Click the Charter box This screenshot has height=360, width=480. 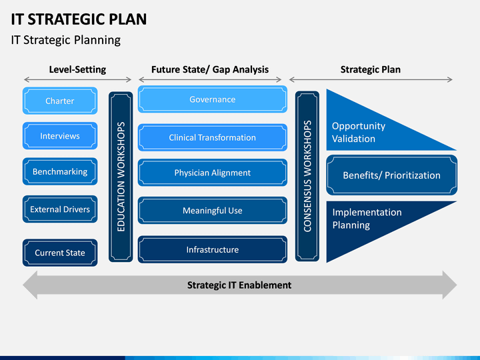pos(60,101)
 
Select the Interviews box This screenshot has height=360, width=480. pos(60,136)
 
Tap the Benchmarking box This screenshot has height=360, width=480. pos(60,171)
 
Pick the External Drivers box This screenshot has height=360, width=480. pos(60,209)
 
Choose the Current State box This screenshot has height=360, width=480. pos(60,253)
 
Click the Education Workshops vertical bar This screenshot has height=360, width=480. pos(121,177)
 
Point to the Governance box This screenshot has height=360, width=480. pos(213,99)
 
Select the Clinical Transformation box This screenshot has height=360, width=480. pos(213,137)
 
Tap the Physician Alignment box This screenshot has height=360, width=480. pos(213,173)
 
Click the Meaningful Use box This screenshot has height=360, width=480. pos(213,210)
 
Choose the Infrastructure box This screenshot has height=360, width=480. pos(213,249)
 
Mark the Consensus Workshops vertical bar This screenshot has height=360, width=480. pos(307,176)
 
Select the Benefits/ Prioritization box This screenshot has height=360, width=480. pos(392,175)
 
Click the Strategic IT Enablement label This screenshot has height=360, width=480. pos(239,285)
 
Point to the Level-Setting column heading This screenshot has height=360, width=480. pos(77,69)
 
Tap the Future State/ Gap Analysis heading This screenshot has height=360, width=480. pos(210,69)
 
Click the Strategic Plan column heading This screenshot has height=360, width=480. pos(371,69)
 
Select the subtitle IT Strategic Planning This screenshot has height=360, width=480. pos(66,40)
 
